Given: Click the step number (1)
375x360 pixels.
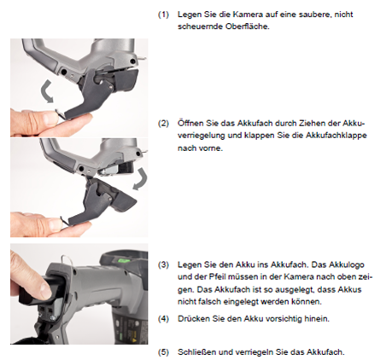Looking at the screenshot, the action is (x=163, y=15).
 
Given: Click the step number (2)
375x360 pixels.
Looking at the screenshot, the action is (x=163, y=124).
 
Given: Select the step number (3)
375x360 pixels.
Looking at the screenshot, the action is (x=163, y=265).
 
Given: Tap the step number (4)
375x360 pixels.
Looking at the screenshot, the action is (x=163, y=319).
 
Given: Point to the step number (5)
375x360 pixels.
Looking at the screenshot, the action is (x=163, y=352).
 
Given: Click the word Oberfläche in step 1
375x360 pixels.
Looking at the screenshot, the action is (x=247, y=26).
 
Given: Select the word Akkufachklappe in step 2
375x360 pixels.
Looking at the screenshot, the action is (x=336, y=136).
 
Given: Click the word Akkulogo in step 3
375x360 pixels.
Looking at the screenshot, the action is (x=347, y=265).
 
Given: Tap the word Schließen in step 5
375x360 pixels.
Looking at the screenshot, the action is (x=197, y=352).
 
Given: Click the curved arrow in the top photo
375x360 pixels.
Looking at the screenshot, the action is (x=47, y=91).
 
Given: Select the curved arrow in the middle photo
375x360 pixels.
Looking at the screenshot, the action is (x=141, y=179).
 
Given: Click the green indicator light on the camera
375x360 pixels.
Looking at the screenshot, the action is (x=123, y=259).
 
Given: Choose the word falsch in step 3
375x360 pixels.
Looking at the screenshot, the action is (x=205, y=301).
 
